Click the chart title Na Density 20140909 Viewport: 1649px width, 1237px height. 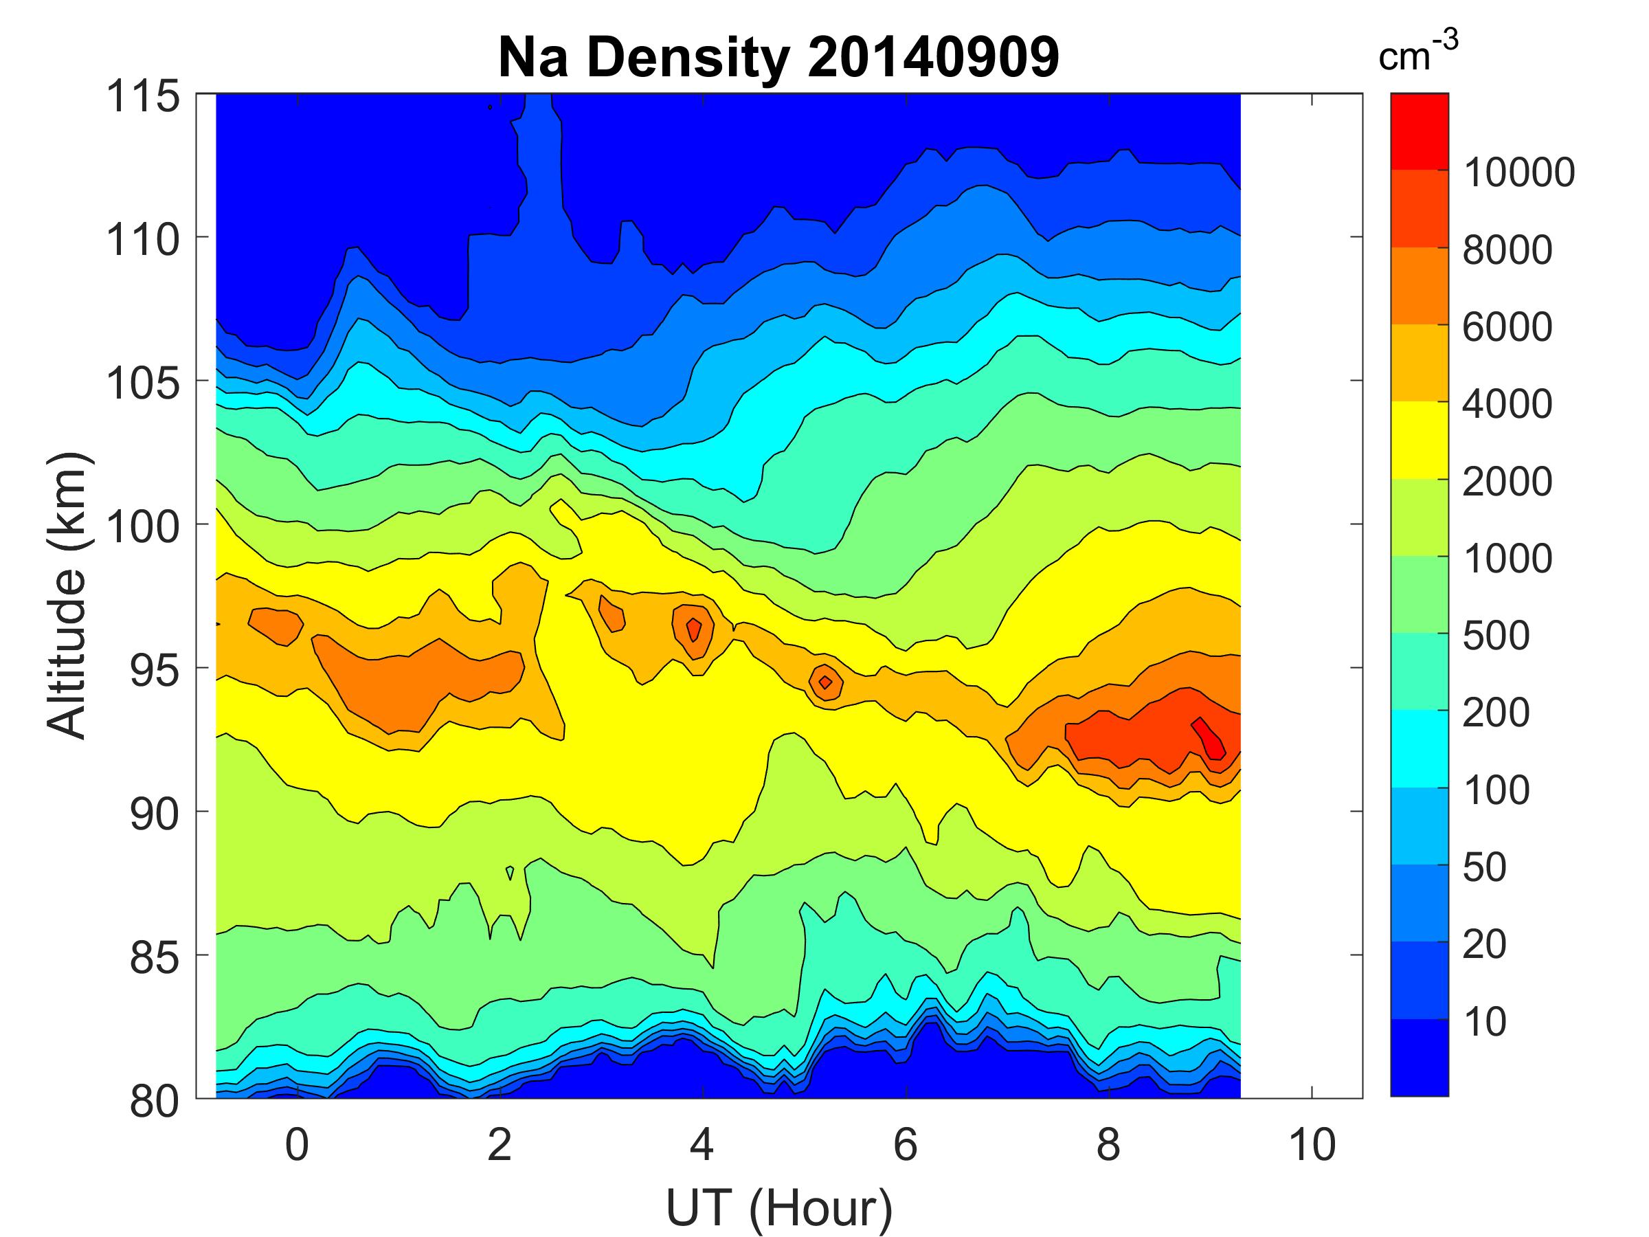pyautogui.click(x=778, y=58)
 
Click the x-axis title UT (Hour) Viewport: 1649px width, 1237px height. pyautogui.click(x=778, y=1209)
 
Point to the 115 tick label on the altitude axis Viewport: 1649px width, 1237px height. pyautogui.click(x=143, y=97)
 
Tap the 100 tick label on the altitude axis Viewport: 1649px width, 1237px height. pyautogui.click(x=143, y=527)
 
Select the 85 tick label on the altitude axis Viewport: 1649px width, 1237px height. pyautogui.click(x=155, y=957)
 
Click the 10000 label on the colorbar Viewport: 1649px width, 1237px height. pyautogui.click(x=1518, y=173)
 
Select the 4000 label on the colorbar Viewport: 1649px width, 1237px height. pyautogui.click(x=1507, y=404)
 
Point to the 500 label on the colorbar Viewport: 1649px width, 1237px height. pyautogui.click(x=1495, y=636)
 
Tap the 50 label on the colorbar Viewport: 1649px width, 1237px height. pyautogui.click(x=1484, y=867)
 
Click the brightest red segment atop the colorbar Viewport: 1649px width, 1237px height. pyautogui.click(x=1420, y=131)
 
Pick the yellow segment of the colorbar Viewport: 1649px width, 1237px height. pyautogui.click(x=1420, y=440)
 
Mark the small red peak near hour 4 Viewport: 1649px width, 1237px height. pyautogui.click(x=694, y=630)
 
